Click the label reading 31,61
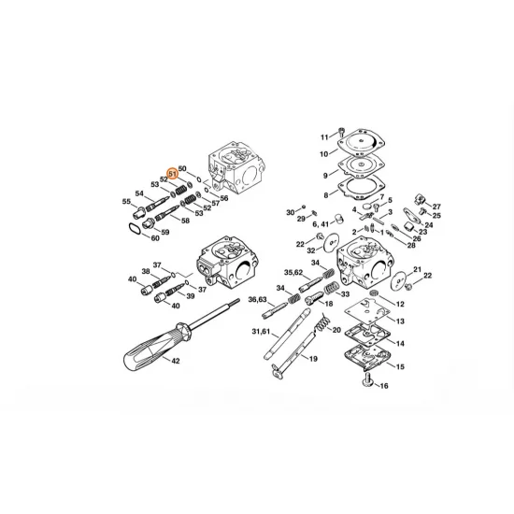263,331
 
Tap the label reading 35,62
293,272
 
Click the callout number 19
313,359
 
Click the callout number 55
126,202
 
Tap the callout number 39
190,296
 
